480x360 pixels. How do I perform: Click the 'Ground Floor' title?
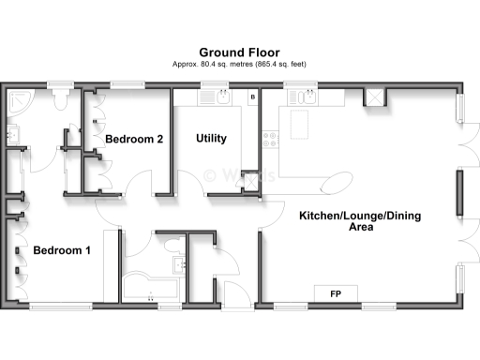coord(239,52)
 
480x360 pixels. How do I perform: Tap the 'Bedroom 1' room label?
coord(62,251)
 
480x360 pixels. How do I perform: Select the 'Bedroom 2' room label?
coord(134,139)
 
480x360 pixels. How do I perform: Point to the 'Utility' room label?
coord(211,139)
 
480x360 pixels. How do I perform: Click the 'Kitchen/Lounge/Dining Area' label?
coord(360,221)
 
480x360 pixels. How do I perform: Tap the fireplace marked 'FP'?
coord(335,294)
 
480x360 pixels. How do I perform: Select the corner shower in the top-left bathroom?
coord(17,101)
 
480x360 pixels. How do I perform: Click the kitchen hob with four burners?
coord(271,141)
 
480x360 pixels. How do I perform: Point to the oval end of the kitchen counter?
coord(339,180)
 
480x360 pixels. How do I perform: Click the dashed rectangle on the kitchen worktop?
coord(299,121)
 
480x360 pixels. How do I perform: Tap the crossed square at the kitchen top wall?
coord(374,97)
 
